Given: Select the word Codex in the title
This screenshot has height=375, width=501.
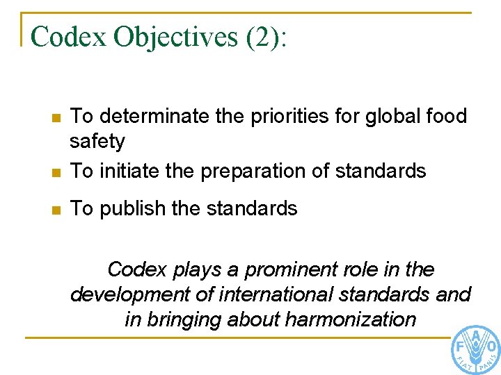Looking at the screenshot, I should pyautogui.click(x=67, y=37).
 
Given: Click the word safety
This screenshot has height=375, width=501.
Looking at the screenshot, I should pyautogui.click(x=97, y=142).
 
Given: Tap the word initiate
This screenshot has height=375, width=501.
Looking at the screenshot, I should pyautogui.click(x=127, y=171).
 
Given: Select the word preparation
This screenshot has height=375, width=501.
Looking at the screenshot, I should pyautogui.click(x=256, y=171).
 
